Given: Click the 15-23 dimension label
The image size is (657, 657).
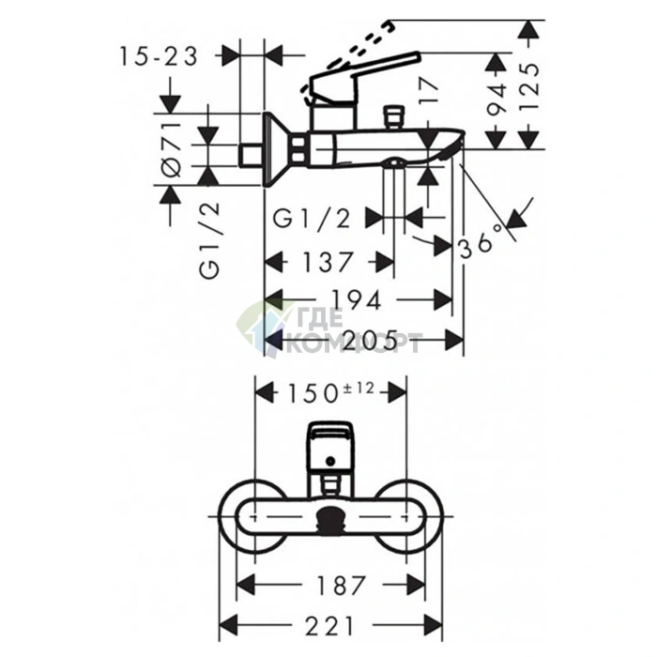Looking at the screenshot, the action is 159,56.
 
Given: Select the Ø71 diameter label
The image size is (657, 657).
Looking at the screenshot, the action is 171,149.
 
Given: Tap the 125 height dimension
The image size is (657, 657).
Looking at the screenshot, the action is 528,86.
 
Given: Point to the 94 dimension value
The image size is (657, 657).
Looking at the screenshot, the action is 497,99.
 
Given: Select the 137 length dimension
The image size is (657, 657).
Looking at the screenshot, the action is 328,262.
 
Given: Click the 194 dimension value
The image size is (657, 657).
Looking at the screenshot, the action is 357,300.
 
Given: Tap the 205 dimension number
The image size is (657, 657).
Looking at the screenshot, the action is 370,340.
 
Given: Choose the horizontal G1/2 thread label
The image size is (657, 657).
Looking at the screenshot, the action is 312,219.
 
